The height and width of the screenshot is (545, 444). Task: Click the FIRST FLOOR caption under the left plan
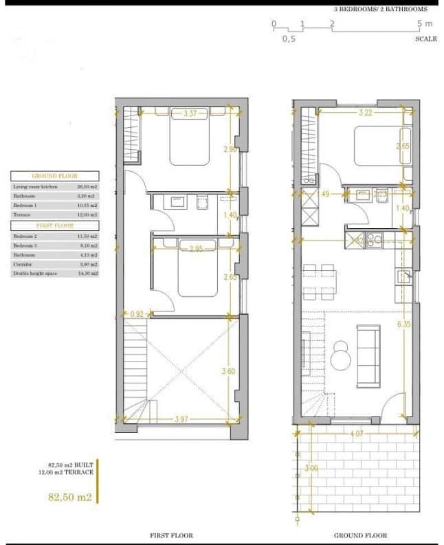pos(171,535)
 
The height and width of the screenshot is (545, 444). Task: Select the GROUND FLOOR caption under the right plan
pos(360,535)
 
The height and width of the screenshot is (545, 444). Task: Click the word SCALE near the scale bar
pos(425,39)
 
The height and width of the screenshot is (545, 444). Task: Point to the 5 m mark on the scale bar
pos(424,24)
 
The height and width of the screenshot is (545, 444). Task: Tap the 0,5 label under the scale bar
pos(289,39)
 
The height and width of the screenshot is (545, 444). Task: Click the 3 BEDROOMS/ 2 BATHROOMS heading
pos(380,10)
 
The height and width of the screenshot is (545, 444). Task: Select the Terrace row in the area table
pos(55,214)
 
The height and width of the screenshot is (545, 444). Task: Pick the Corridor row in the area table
pos(55,264)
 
